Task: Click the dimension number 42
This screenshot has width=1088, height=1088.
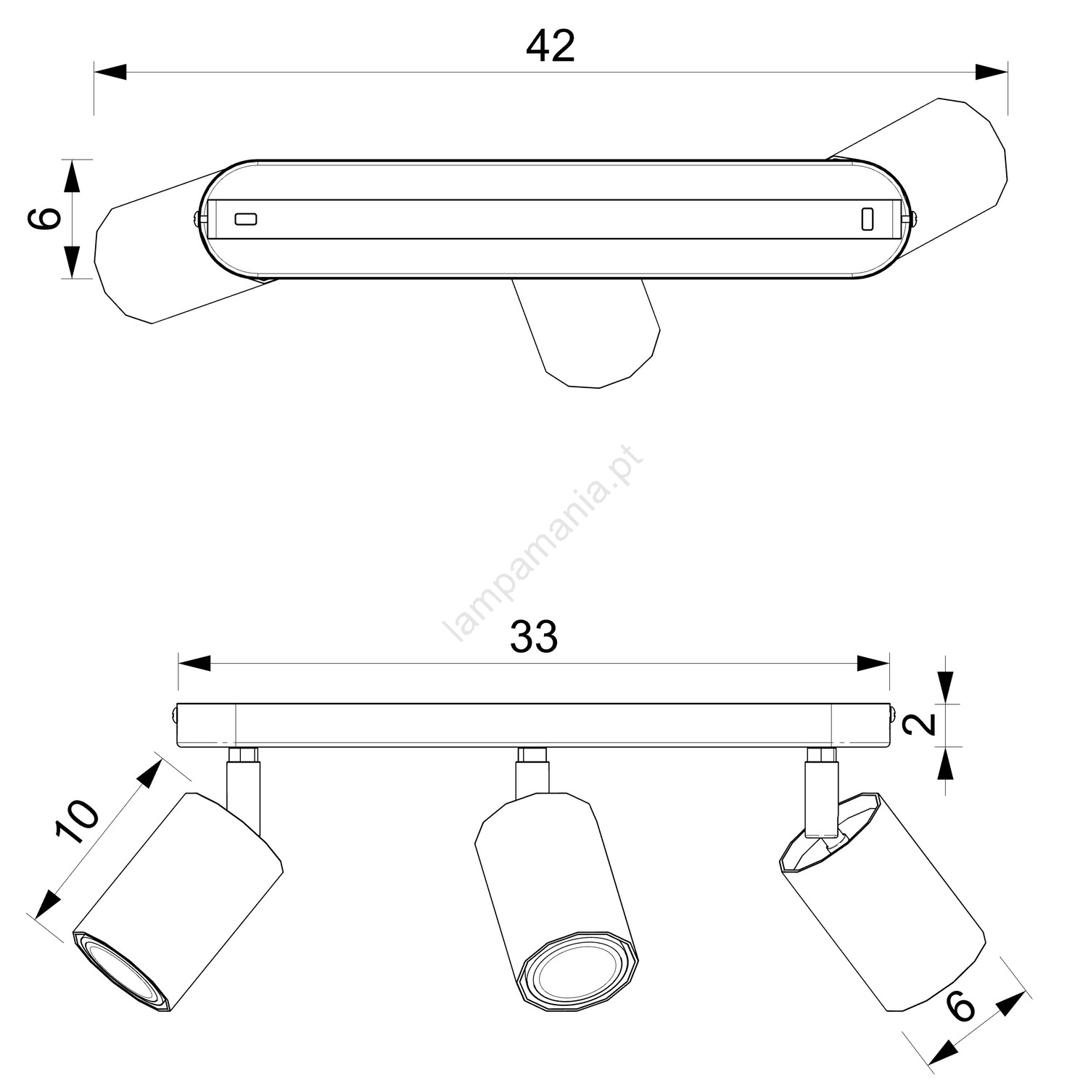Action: click(x=551, y=46)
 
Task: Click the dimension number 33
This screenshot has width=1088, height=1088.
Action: click(x=534, y=636)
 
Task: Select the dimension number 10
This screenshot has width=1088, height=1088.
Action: click(x=78, y=822)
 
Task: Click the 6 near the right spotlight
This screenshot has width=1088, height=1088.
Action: click(x=961, y=1007)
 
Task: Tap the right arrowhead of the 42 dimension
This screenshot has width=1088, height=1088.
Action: click(x=992, y=72)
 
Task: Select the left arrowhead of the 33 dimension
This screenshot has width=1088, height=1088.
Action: click(x=194, y=663)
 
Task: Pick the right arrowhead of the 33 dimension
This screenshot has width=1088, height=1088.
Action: click(x=873, y=663)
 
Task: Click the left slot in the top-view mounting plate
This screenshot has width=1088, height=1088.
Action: click(x=245, y=218)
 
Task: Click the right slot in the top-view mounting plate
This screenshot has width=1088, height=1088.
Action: click(x=867, y=219)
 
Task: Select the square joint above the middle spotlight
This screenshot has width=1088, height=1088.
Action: click(x=532, y=754)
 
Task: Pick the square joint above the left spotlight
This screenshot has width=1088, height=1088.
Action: click(x=244, y=754)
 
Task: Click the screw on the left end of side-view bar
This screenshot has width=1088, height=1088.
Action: click(x=176, y=714)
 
